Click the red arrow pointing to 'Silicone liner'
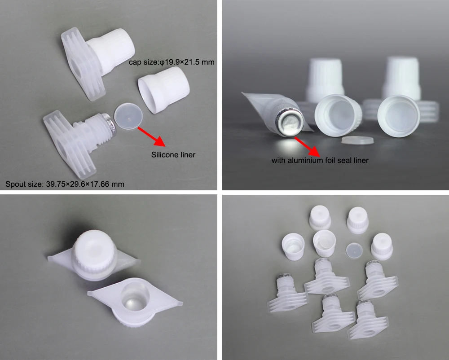click(x=151, y=136)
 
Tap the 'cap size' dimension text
click(x=172, y=62)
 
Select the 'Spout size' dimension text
click(x=65, y=184)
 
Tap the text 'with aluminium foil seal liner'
click(x=320, y=160)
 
